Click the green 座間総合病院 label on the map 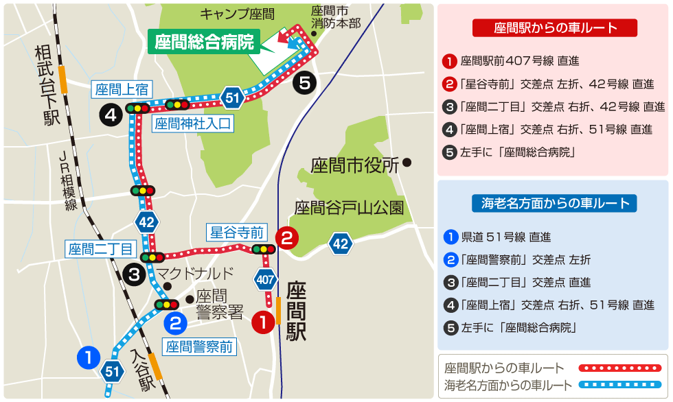[203, 42]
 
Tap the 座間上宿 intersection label [122, 89]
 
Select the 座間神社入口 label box [193, 124]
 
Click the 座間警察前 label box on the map [198, 347]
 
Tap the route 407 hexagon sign [266, 279]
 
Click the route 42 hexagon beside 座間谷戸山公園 [341, 243]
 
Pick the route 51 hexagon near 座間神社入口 [232, 98]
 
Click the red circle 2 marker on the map [286, 239]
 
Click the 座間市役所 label [355, 165]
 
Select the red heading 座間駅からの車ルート [555, 28]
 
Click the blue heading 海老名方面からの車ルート [554, 203]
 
